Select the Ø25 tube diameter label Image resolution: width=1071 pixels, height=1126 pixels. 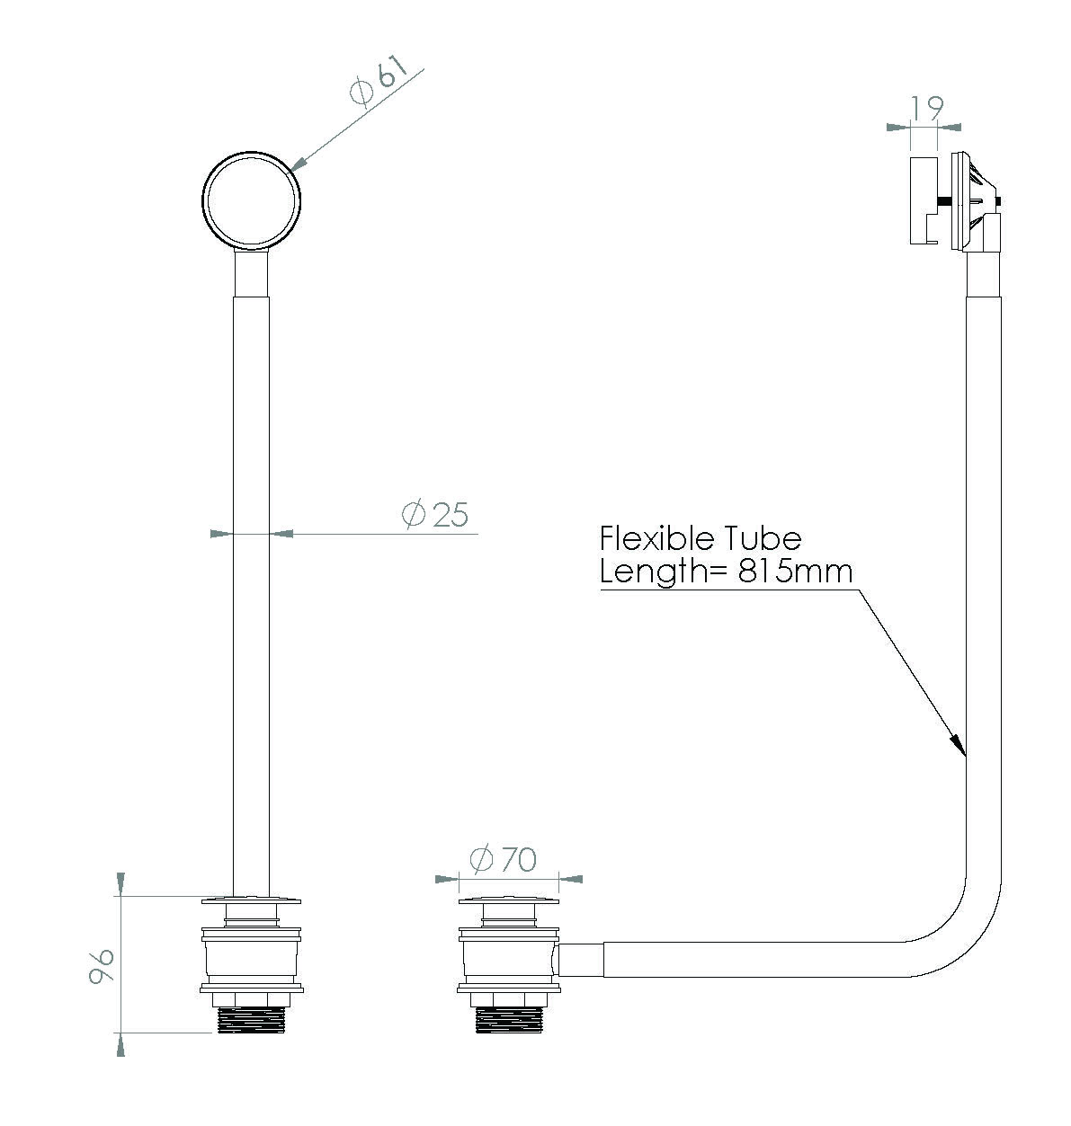(435, 514)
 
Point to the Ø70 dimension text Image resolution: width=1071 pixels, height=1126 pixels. (503, 859)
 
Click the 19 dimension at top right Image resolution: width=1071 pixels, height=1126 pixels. (926, 108)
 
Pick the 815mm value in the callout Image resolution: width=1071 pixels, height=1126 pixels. (795, 572)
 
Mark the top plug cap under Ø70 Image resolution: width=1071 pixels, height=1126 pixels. (508, 900)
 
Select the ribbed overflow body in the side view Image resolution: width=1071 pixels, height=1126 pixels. (973, 199)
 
